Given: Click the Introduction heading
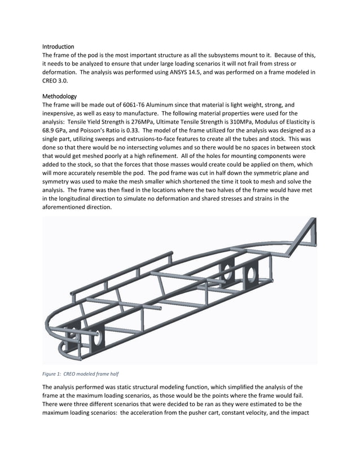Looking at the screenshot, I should click(58, 46).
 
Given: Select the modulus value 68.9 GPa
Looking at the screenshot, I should click(56, 130).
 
